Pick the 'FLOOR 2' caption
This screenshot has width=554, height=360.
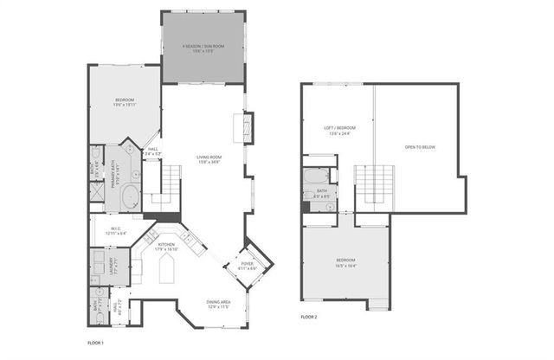point(310,318)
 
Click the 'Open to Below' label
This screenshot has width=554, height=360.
point(421,147)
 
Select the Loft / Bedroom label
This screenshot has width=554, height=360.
point(340,131)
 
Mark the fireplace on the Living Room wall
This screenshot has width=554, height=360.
point(245,128)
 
